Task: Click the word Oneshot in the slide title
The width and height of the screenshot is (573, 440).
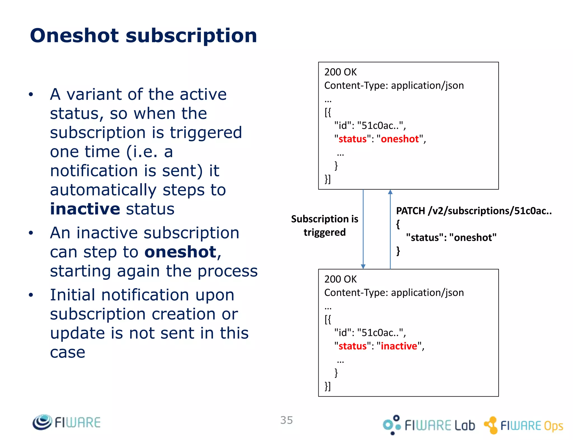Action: click(74, 36)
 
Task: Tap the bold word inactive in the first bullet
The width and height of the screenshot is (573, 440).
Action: click(85, 209)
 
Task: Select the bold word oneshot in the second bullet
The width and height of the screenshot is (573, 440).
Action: click(180, 252)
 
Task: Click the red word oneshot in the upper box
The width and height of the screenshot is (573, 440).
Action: click(400, 139)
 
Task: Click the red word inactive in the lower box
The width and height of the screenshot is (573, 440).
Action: click(399, 346)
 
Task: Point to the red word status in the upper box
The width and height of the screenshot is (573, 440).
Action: click(353, 139)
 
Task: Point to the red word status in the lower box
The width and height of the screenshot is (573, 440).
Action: click(353, 346)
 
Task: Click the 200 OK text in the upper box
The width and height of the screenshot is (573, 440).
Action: click(340, 72)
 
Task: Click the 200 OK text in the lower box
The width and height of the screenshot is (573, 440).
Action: click(340, 279)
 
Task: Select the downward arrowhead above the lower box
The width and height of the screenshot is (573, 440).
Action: click(363, 266)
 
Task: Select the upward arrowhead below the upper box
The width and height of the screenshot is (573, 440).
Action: click(390, 192)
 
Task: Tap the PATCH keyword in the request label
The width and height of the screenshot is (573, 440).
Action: click(410, 211)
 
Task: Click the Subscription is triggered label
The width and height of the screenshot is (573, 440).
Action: click(325, 225)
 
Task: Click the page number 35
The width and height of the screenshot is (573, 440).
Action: click(286, 420)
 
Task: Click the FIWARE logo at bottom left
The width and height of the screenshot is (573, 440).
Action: click(67, 422)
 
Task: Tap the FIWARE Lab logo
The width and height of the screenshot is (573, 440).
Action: click(429, 425)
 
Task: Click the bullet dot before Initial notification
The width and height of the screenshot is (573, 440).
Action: click(31, 295)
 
